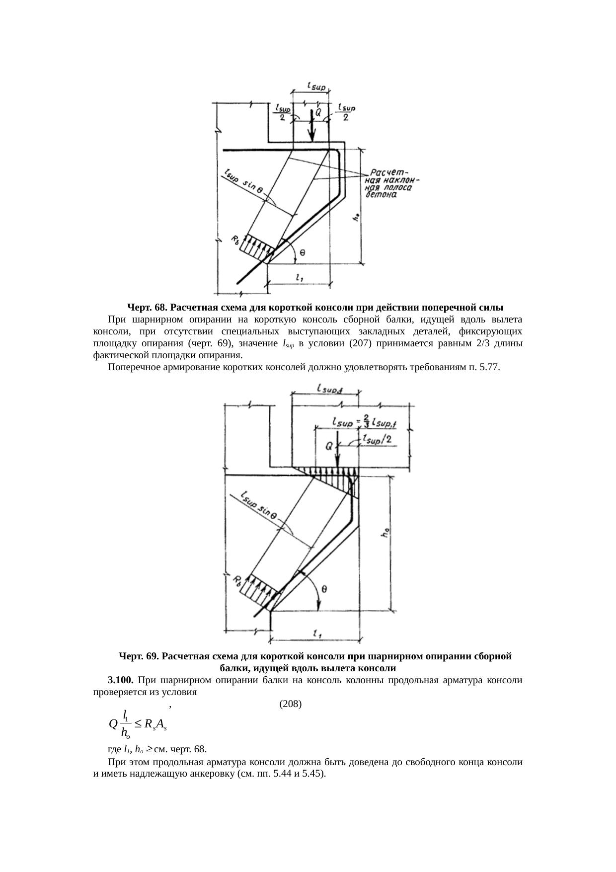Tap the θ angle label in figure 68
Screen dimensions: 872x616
(303, 252)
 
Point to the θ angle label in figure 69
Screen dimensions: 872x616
(323, 590)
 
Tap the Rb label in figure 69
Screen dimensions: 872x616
(238, 581)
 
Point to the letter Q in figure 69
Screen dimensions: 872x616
(329, 447)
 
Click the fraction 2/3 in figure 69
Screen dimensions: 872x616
(366, 420)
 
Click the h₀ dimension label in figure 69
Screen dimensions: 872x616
(385, 533)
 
